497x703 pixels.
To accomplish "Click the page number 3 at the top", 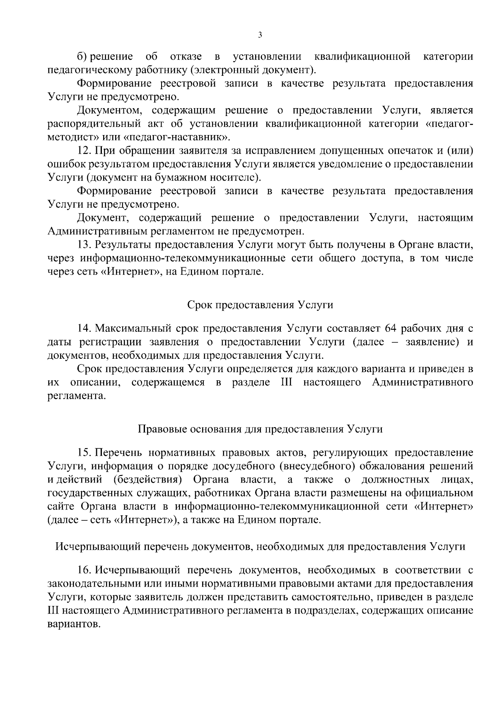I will pos(260,35).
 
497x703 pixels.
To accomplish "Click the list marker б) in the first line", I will pos(82,56).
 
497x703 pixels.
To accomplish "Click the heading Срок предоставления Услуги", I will pos(260,305).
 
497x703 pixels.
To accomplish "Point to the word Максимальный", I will pos(131,329).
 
